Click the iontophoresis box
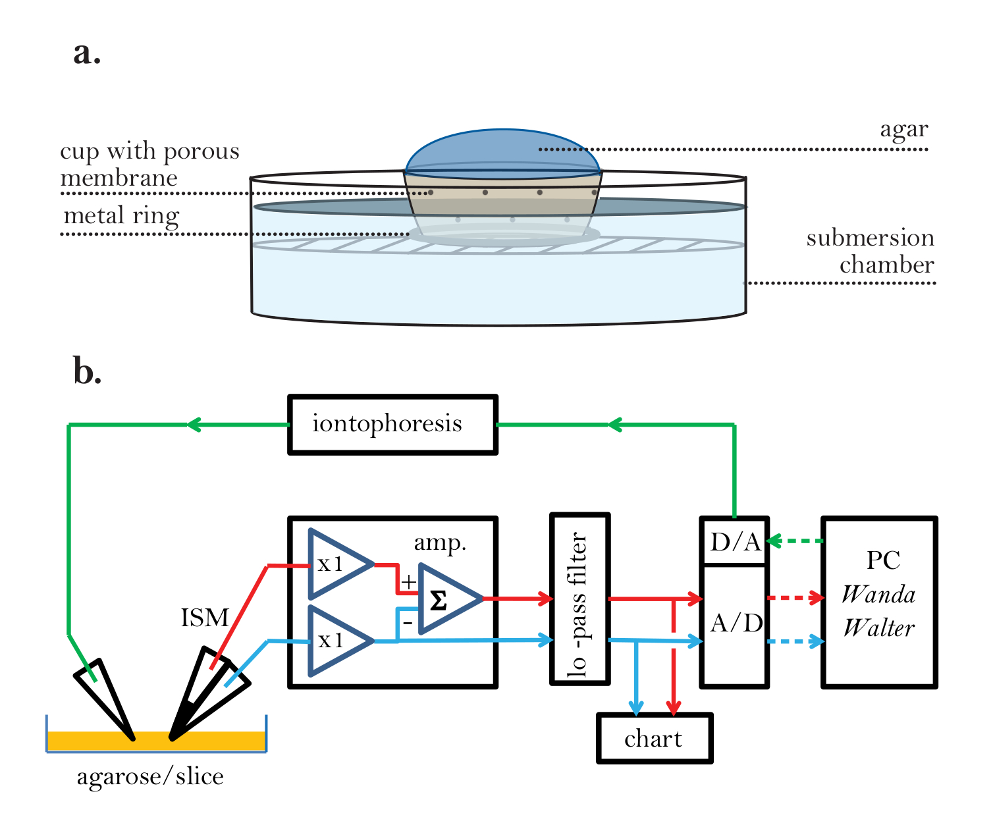pyautogui.click(x=392, y=425)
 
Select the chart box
pyautogui.click(x=655, y=738)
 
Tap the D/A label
pyautogui.click(x=735, y=543)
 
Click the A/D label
pyautogui.click(x=736, y=623)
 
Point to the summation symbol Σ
pyautogui.click(x=438, y=600)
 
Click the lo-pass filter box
pyautogui.click(x=579, y=600)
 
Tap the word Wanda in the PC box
pyautogui.click(x=878, y=595)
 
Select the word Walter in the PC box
pyautogui.click(x=879, y=628)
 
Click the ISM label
pyautogui.click(x=205, y=618)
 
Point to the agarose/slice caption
pyautogui.click(x=151, y=777)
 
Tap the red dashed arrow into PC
pyautogui.click(x=797, y=598)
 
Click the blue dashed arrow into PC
pyautogui.click(x=797, y=641)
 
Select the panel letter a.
pyautogui.click(x=87, y=53)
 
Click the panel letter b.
pyautogui.click(x=87, y=371)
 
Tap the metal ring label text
pyautogui.click(x=121, y=216)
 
